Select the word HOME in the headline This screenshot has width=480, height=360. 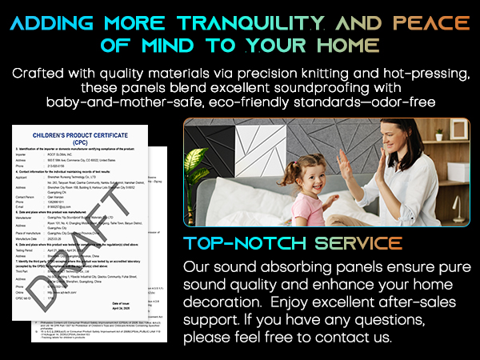pos(337,43)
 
